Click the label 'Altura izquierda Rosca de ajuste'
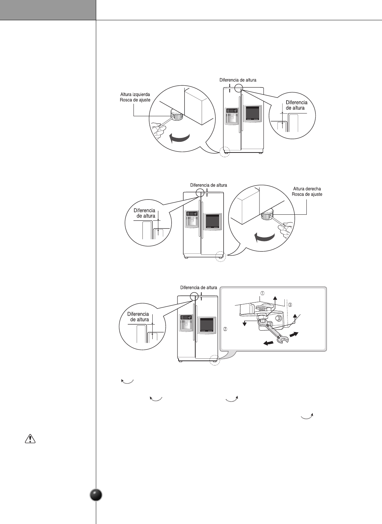tap(135, 97)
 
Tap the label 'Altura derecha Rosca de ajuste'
tap(307, 192)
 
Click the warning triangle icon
tap(30, 439)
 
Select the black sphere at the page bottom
tap(96, 495)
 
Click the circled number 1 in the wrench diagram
tap(262, 293)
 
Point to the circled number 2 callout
tap(225, 329)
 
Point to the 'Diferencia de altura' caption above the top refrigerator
tap(238, 80)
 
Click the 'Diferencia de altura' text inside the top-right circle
tap(296, 105)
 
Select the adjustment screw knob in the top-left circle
tap(176, 114)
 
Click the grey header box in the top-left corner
tap(48, 10)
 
